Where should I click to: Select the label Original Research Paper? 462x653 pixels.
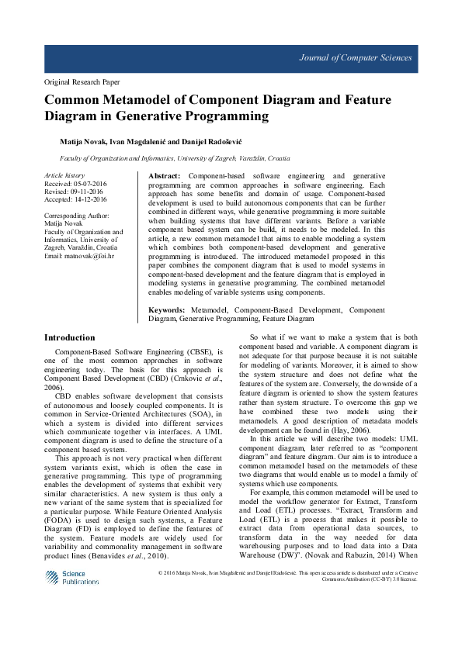82,81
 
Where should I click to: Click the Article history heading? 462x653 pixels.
64,176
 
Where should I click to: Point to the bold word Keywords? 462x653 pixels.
169,309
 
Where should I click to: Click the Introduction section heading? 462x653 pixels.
70,338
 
